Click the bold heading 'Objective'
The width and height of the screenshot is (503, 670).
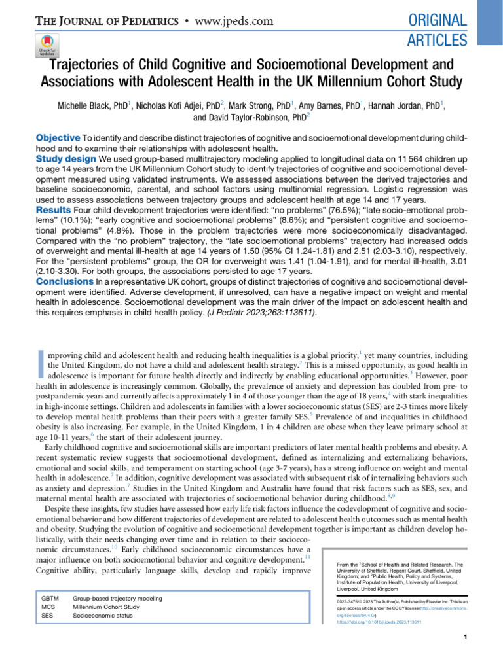click(x=58, y=138)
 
